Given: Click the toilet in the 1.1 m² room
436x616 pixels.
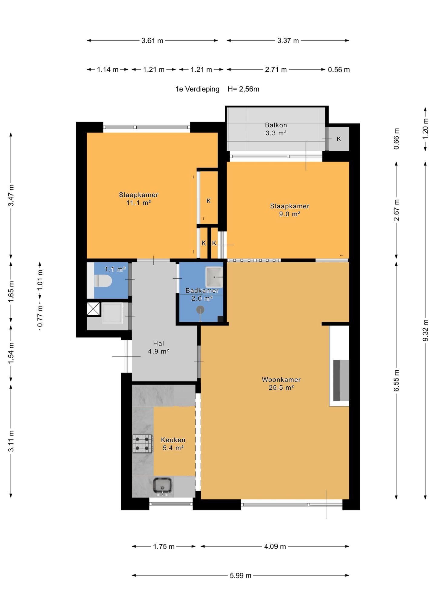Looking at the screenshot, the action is coord(103,281).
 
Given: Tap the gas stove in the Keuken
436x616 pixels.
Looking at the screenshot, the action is coord(142,444).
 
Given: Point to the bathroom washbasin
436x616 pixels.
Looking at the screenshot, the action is coord(214,277).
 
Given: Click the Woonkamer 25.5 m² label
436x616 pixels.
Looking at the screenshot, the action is coord(281,383).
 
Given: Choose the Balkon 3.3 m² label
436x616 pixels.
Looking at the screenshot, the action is coord(276,129).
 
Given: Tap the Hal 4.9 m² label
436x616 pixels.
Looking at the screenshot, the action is coord(158,347).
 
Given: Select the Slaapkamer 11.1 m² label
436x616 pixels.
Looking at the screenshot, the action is coord(138,199).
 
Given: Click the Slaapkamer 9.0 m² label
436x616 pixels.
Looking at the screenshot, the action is coord(289,210).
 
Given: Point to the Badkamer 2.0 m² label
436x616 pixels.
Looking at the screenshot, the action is coord(202,294).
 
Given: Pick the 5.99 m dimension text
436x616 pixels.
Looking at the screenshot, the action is coord(240,575).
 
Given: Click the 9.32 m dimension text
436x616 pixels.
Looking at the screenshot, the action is coord(425,330).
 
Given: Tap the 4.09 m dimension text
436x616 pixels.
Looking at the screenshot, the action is coord(275,546).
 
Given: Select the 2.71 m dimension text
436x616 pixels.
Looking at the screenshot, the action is coord(276,70).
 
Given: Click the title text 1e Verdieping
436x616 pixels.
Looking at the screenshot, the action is coord(197,89).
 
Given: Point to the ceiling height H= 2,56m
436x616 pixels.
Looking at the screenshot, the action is coord(243,89).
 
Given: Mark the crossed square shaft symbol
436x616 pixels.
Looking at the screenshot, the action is coord(93,309).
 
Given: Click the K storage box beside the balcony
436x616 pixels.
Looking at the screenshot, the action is coord(339,139).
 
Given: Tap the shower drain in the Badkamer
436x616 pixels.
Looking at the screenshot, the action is coord(200,310).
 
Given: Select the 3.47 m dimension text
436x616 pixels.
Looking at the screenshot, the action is coord(11,195).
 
